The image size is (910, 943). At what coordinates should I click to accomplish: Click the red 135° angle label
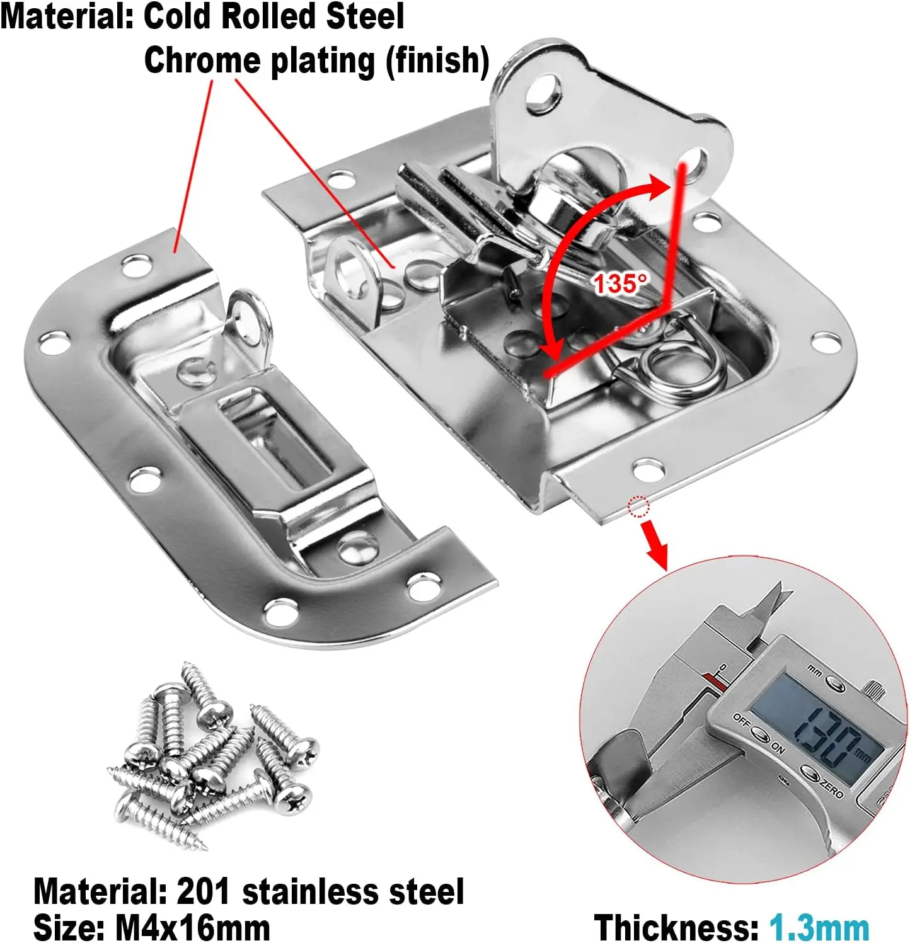[620, 283]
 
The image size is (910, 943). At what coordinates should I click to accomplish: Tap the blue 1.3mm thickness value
[819, 927]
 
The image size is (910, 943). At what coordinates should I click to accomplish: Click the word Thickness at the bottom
[676, 927]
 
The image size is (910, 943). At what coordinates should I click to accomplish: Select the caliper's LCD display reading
[819, 731]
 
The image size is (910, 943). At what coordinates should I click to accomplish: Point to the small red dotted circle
[638, 506]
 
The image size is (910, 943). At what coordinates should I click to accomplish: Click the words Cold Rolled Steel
[274, 16]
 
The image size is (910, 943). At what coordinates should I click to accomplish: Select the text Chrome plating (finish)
[316, 61]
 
